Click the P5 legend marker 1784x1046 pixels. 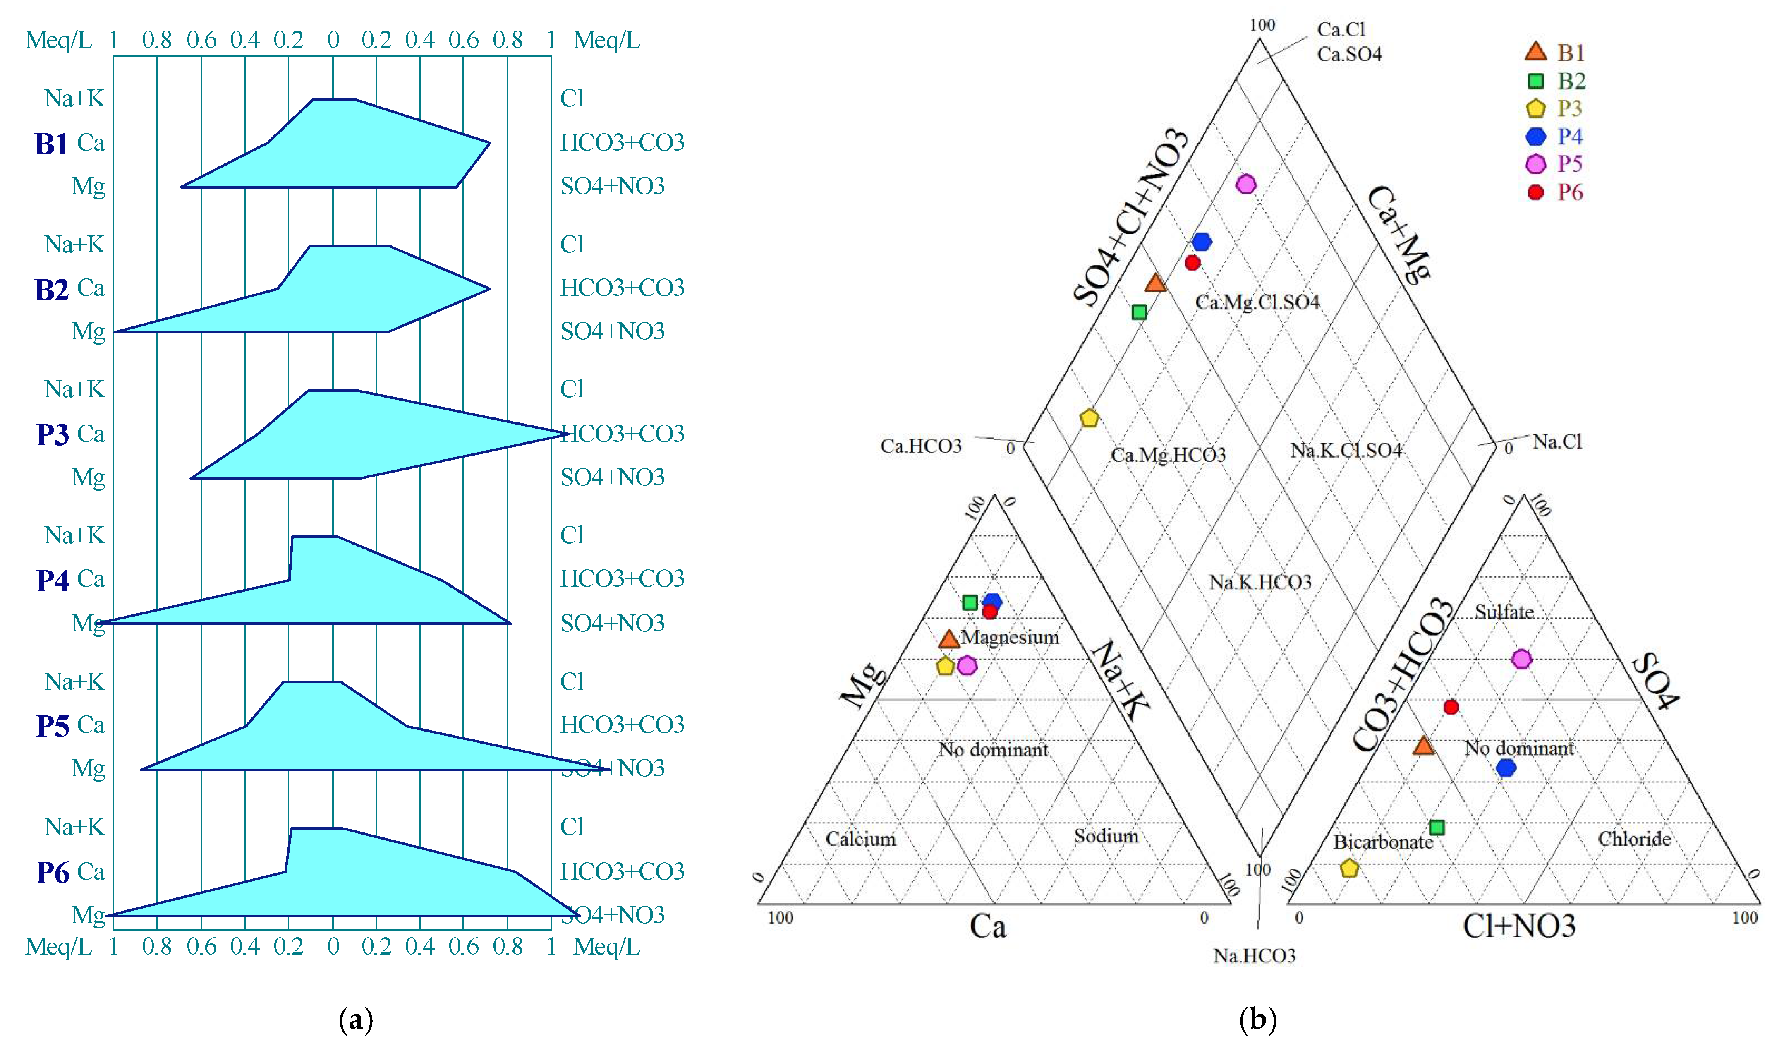coord(1535,164)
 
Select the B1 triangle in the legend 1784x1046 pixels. coord(1535,52)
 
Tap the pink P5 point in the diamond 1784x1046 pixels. coord(1246,184)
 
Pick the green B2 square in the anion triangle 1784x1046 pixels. coord(1437,827)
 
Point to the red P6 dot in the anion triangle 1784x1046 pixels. coord(1451,707)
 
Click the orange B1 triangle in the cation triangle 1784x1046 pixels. coord(948,639)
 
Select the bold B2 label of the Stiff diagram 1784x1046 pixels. coord(52,290)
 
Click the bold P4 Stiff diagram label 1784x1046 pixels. coord(53,580)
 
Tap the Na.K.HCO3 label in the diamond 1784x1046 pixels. coord(1260,582)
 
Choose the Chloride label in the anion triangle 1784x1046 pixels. coord(1634,839)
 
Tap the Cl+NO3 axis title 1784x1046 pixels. coord(1519,926)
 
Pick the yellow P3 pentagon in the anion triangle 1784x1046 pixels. coord(1349,868)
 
